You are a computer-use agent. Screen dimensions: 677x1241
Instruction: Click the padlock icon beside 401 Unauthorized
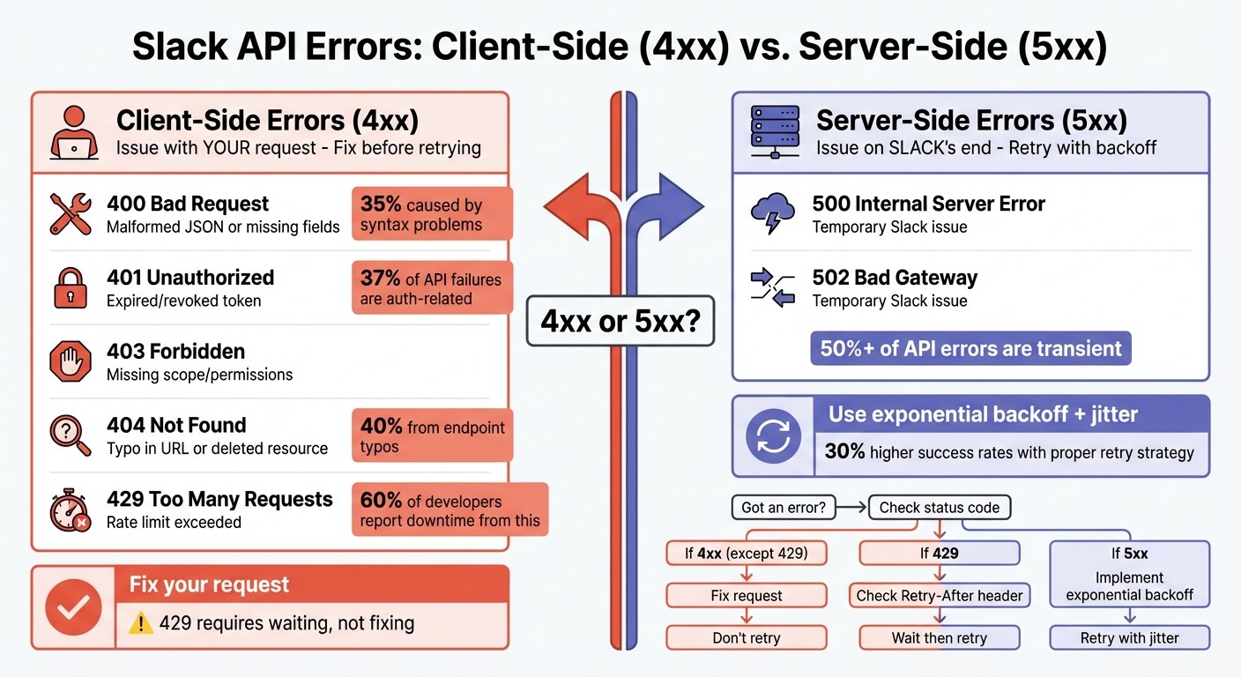[x=71, y=287]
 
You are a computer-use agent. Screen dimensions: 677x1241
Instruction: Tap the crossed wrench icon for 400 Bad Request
[x=71, y=214]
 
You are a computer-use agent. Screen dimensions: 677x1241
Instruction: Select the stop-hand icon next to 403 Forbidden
[x=71, y=361]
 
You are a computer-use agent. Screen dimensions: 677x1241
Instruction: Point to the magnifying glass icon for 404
[x=71, y=435]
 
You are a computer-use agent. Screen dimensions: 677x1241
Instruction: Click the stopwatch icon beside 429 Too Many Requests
[x=71, y=510]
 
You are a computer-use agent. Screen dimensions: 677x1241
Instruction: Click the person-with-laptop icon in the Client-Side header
[x=73, y=131]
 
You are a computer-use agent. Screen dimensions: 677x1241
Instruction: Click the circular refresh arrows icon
[x=773, y=436]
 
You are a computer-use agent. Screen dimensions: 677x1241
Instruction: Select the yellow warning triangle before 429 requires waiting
[x=140, y=623]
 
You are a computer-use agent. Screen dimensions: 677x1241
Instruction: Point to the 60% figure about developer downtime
[x=381, y=501]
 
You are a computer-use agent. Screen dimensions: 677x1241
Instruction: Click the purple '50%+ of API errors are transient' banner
[x=970, y=348]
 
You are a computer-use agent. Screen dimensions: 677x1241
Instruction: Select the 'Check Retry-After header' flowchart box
[x=940, y=596]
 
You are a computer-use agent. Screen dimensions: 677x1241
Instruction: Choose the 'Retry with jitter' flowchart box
[x=1129, y=638]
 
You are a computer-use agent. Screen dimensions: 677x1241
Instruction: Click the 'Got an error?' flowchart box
[x=783, y=508]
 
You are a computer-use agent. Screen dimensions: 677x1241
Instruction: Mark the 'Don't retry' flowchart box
[x=746, y=638]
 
